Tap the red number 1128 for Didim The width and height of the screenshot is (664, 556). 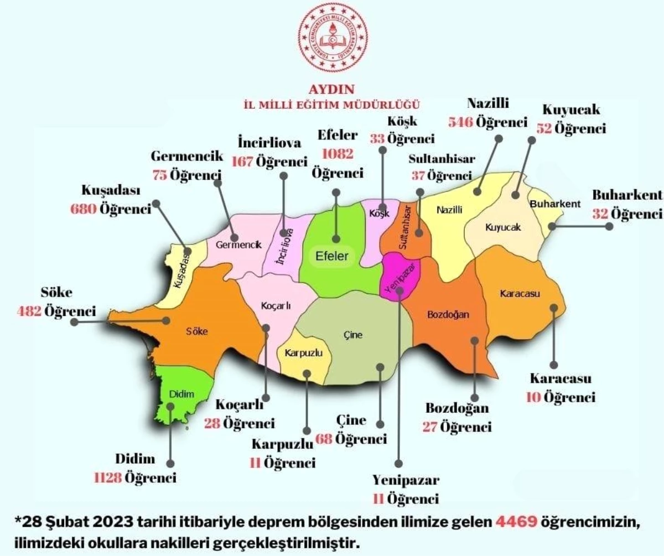pos(107,477)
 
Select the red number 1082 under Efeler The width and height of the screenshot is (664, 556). pos(337,153)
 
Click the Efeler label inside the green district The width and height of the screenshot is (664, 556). pos(332,256)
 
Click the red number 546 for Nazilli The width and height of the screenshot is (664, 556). pos(460,122)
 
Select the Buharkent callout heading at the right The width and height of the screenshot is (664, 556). pos(627,195)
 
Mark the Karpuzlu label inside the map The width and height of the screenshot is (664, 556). pos(303,352)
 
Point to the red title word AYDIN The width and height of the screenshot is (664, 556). pos(332,89)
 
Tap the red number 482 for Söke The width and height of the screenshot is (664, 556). pos(29,311)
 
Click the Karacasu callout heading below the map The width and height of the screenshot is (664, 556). pos(561,379)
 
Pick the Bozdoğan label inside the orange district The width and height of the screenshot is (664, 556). pos(448,315)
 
